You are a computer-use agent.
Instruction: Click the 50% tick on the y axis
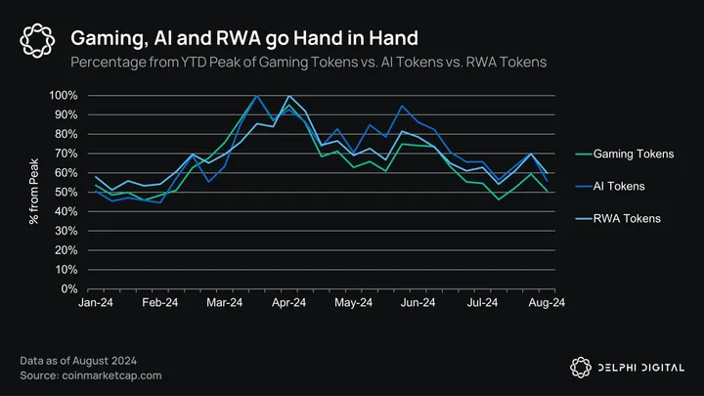click(x=66, y=193)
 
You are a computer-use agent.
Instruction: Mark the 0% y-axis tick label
click(x=70, y=289)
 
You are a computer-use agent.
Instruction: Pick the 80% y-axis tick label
click(x=66, y=134)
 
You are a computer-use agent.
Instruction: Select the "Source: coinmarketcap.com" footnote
click(x=91, y=374)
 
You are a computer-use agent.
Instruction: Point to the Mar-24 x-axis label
click(x=223, y=305)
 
